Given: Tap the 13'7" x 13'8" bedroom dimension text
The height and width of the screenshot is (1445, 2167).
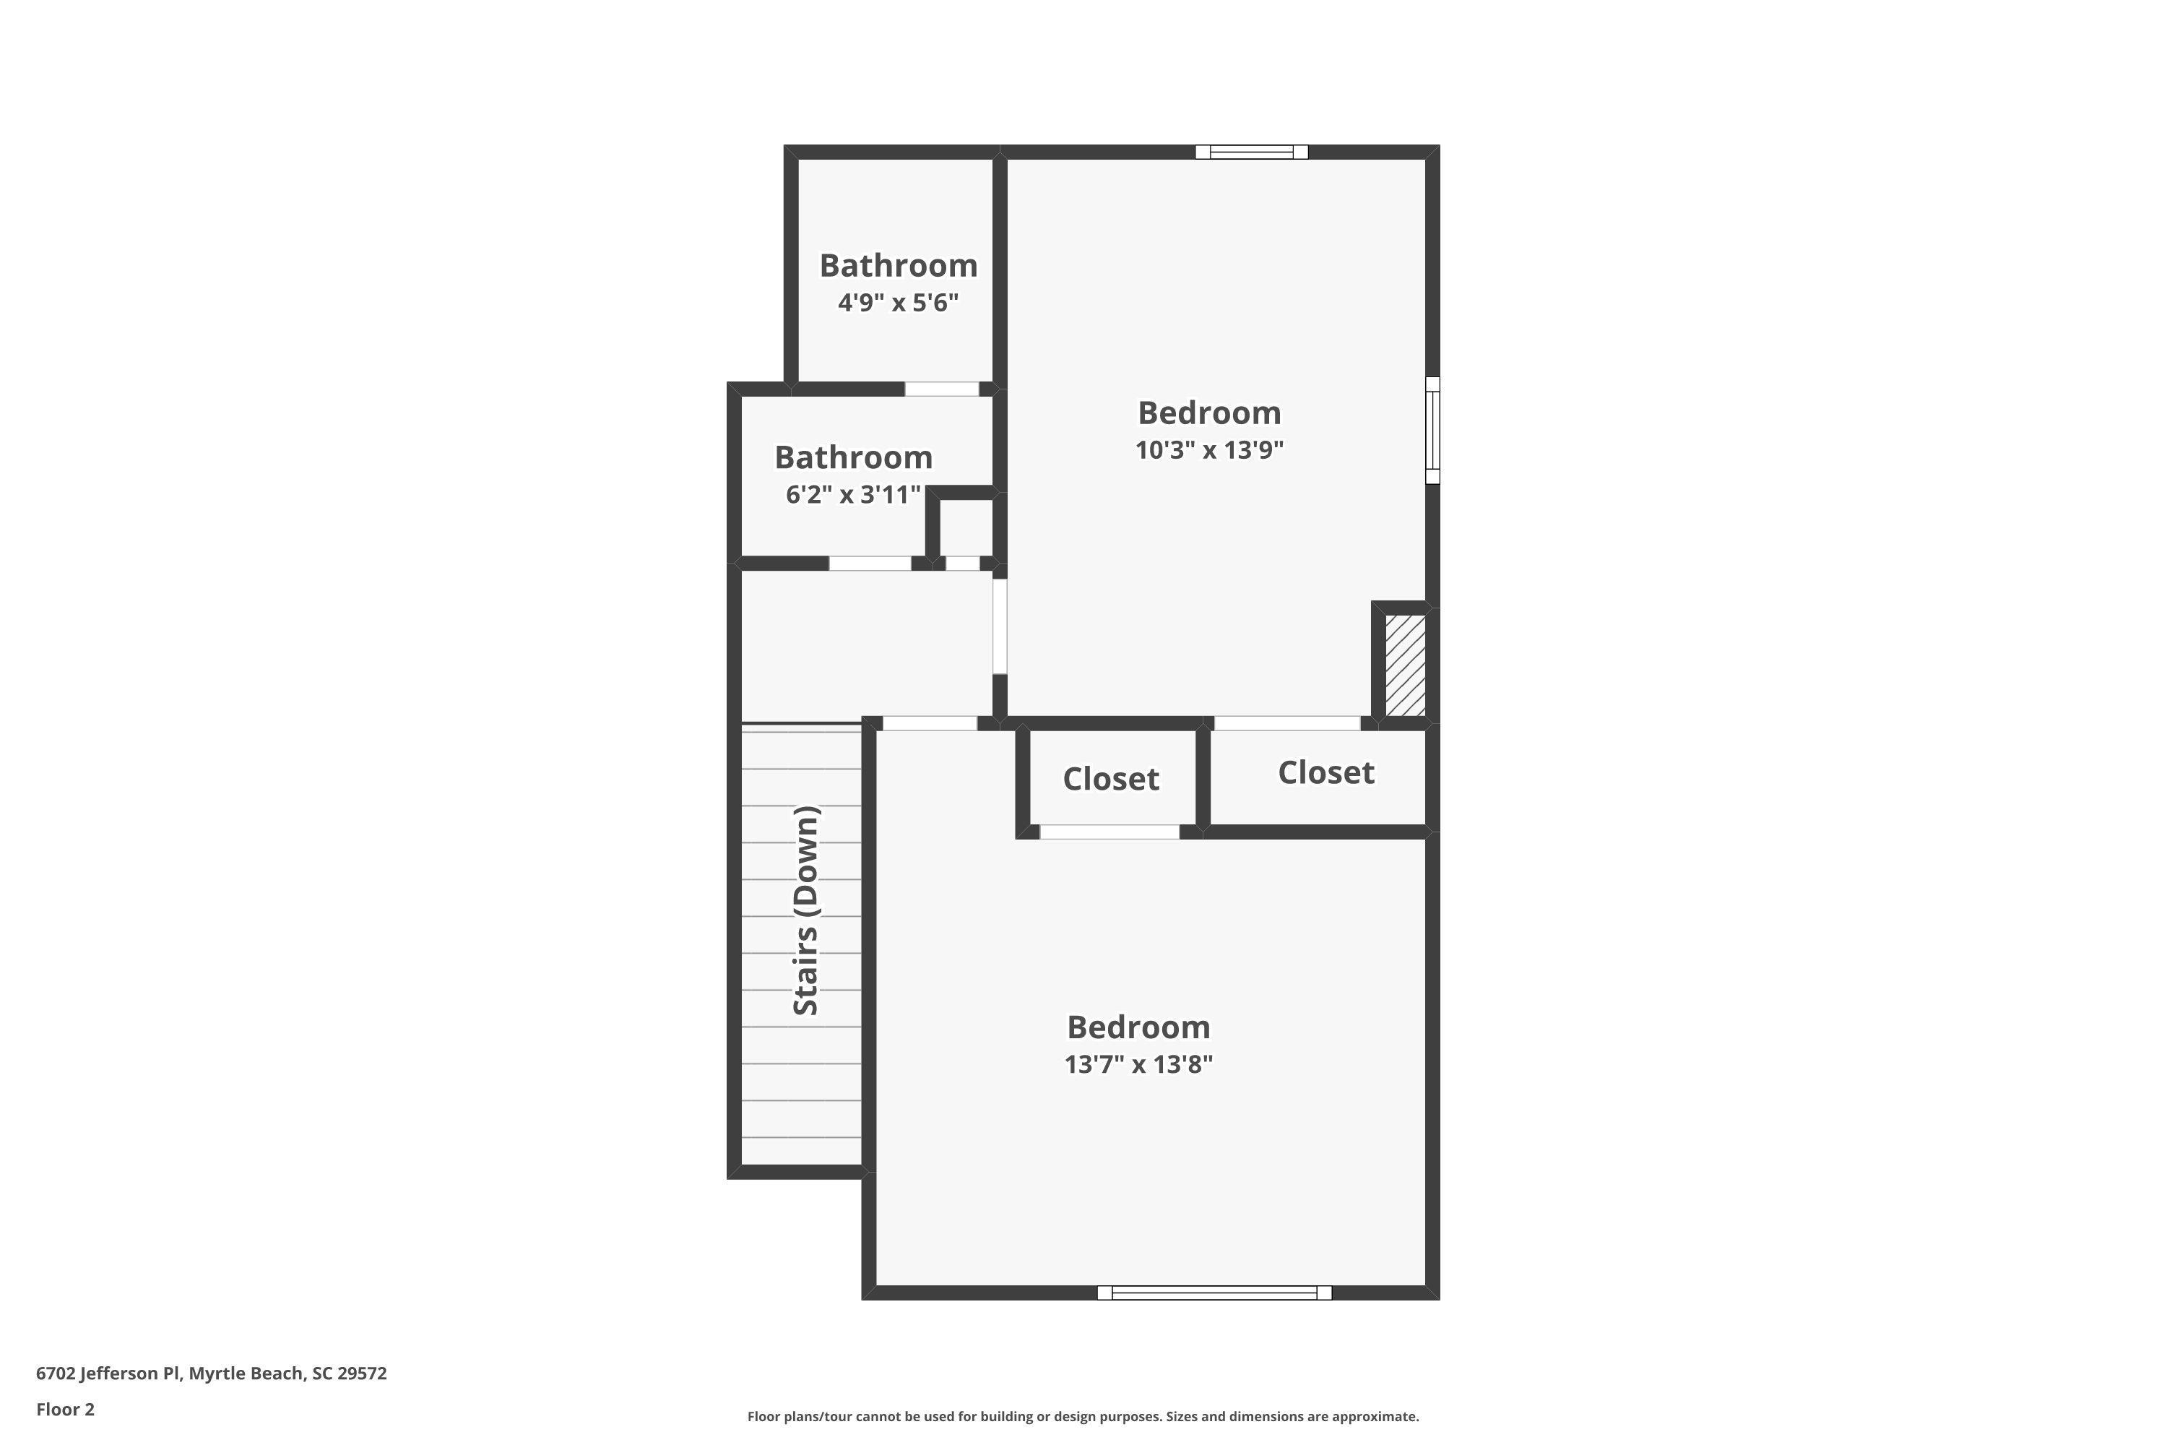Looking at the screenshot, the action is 1139,1064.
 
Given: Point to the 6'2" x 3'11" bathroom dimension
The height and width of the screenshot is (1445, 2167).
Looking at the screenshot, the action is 853,495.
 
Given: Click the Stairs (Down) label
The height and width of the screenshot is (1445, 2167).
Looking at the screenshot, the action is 805,910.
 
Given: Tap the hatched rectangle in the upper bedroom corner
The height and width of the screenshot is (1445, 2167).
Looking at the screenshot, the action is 1406,665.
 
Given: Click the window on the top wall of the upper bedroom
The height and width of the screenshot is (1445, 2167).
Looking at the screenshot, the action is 1251,152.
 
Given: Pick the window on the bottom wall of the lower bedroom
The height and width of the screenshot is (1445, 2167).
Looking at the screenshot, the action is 1214,1293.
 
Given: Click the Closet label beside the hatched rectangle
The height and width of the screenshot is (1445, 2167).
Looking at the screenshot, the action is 1325,772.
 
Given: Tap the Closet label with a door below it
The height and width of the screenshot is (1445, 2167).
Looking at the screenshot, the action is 1111,779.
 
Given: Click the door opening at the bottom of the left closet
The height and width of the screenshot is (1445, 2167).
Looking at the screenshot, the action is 1110,832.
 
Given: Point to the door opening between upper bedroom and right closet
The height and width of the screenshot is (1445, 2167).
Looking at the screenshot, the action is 1287,723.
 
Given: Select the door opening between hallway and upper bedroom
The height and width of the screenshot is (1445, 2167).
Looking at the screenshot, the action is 1000,626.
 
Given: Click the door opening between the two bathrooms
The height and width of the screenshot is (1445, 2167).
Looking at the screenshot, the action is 942,389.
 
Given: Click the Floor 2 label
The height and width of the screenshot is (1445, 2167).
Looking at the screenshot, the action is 66,1409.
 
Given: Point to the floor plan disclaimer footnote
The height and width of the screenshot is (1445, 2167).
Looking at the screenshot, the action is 1083,1416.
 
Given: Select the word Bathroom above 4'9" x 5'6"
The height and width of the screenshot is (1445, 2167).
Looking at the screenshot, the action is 899,265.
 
